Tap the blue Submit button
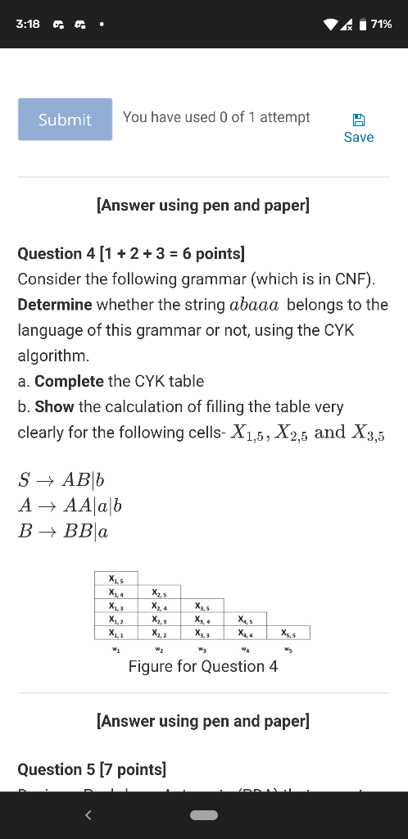66,120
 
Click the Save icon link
358,129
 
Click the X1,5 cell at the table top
116,579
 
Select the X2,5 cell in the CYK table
160,592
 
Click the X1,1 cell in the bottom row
116,633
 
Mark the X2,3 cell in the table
160,619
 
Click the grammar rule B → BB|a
63,531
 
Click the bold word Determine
55,305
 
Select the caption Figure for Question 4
203,666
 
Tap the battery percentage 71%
381,24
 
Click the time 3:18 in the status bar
28,24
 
